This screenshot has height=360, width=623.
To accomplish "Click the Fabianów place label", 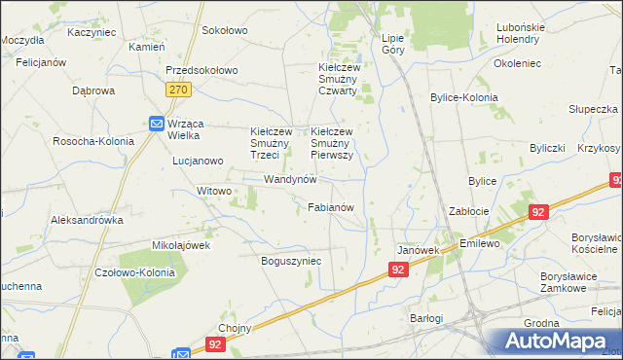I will pyautogui.click(x=336, y=207).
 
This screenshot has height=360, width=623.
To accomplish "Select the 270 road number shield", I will pyautogui.click(x=177, y=90).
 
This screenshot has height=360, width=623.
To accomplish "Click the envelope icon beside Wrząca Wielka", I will pyautogui.click(x=156, y=124).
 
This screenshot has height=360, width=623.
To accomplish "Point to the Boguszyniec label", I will pyautogui.click(x=291, y=261).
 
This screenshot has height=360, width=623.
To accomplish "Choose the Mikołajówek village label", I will pyautogui.click(x=181, y=245).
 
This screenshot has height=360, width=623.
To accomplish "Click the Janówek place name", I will pyautogui.click(x=420, y=250).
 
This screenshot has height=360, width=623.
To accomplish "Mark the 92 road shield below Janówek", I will pyautogui.click(x=397, y=270).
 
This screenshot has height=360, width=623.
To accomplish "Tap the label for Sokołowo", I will pyautogui.click(x=225, y=30).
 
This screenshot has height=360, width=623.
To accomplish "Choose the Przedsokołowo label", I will pyautogui.click(x=202, y=71).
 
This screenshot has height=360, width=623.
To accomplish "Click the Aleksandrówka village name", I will pyautogui.click(x=88, y=220).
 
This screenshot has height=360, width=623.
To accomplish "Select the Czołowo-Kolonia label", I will pyautogui.click(x=135, y=272).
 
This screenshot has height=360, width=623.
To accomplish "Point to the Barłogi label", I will pyautogui.click(x=425, y=318).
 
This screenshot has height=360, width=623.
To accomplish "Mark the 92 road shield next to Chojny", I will pyautogui.click(x=214, y=343).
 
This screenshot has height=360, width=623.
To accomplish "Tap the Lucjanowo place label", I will pyautogui.click(x=199, y=161).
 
